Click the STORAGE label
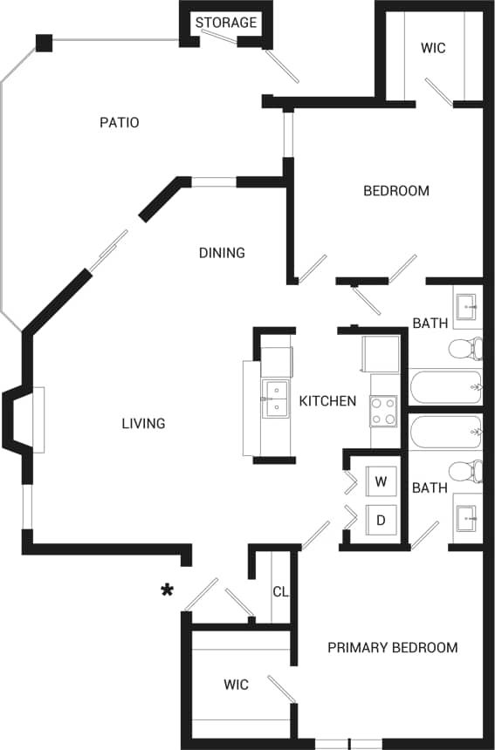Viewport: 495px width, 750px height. tap(226, 23)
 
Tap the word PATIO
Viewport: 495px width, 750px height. tap(120, 122)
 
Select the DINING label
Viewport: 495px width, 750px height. tap(222, 253)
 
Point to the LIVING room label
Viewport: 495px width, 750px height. tap(144, 424)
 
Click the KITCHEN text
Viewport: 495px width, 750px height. tap(327, 401)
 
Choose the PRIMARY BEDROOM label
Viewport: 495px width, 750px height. tap(392, 647)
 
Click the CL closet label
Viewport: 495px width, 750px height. tap(280, 591)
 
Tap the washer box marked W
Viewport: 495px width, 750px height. tap(381, 481)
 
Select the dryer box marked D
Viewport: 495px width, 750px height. tap(381, 520)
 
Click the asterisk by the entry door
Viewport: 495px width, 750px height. tap(166, 591)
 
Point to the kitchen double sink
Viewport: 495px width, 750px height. tap(275, 399)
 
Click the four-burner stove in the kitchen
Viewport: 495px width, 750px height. tap(383, 410)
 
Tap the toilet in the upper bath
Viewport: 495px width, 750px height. tap(464, 350)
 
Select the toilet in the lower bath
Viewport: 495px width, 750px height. tap(464, 471)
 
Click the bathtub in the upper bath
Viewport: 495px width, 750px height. tap(445, 383)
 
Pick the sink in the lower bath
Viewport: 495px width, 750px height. tap(466, 518)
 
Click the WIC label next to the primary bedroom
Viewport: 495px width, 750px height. tap(236, 685)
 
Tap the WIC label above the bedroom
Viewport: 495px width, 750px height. tap(433, 48)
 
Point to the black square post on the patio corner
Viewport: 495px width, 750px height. tap(44, 42)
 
